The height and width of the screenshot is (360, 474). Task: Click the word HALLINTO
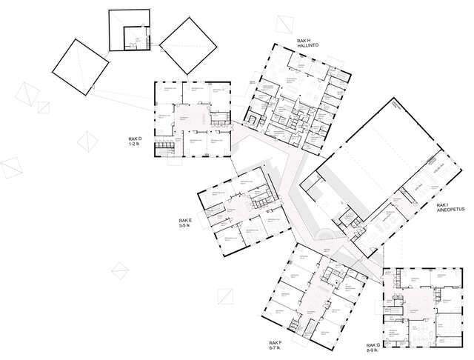pyautogui.click(x=308, y=47)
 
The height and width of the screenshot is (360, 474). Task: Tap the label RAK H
pyautogui.click(x=304, y=41)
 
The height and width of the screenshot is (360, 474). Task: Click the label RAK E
pyautogui.click(x=184, y=220)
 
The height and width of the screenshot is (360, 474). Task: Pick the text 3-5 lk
pyautogui.click(x=184, y=226)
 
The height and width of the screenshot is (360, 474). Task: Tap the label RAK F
pyautogui.click(x=278, y=343)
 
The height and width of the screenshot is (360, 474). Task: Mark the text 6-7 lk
pyautogui.click(x=278, y=349)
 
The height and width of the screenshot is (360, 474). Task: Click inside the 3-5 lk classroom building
pyautogui.click(x=237, y=215)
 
